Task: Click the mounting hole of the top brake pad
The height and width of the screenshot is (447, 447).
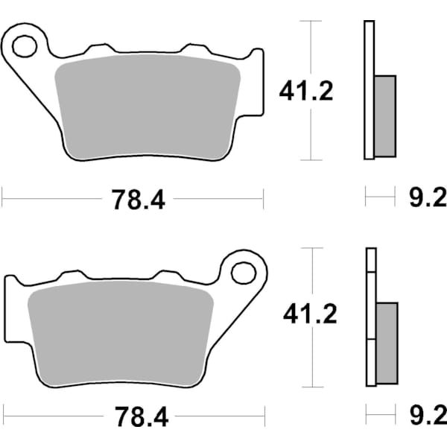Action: pyautogui.click(x=24, y=45)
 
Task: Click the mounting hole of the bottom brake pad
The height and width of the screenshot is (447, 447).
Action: pyautogui.click(x=243, y=272)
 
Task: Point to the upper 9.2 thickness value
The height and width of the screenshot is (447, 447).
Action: pyautogui.click(x=426, y=198)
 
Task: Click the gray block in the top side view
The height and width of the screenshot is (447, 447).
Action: pyautogui.click(x=384, y=115)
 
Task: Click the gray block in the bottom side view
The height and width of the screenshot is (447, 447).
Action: pyautogui.click(x=387, y=343)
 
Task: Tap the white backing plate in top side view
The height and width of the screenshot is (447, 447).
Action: pyautogui.click(x=368, y=89)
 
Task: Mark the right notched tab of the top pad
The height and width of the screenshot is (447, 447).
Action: pyautogui.click(x=256, y=82)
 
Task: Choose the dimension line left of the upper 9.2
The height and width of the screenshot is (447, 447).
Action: pyautogui.click(x=380, y=198)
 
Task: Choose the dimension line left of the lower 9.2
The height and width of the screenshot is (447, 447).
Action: pyautogui.click(x=380, y=412)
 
